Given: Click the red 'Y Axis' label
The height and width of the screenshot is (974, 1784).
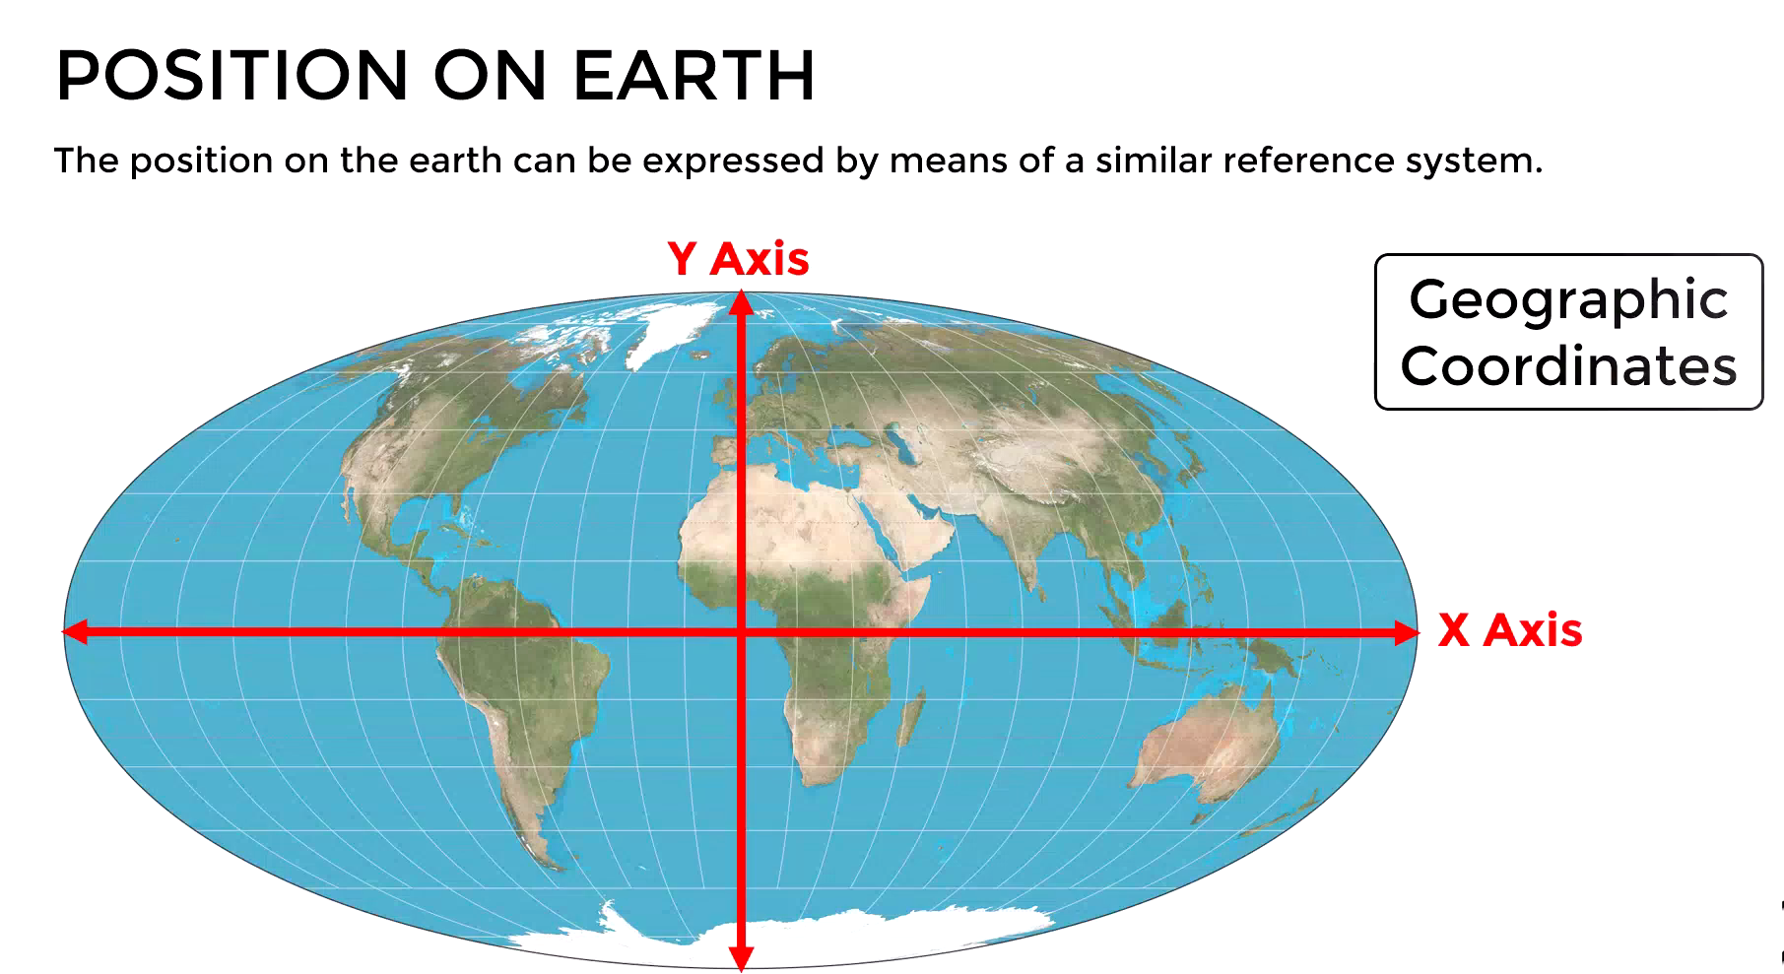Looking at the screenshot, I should click(738, 259).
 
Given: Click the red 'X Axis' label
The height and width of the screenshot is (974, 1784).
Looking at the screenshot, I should click(1509, 630).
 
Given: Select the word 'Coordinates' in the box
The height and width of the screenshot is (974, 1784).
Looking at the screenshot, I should click(1568, 365).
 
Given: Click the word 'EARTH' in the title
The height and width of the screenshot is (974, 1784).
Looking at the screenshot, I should click(694, 75).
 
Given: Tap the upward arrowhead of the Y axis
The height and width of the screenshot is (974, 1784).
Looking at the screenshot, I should click(742, 301).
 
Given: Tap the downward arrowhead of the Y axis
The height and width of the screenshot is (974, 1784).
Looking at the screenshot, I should click(742, 957).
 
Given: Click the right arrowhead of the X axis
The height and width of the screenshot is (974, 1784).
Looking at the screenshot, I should click(1407, 632).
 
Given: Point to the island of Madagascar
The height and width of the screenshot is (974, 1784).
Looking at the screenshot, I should click(911, 716).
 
